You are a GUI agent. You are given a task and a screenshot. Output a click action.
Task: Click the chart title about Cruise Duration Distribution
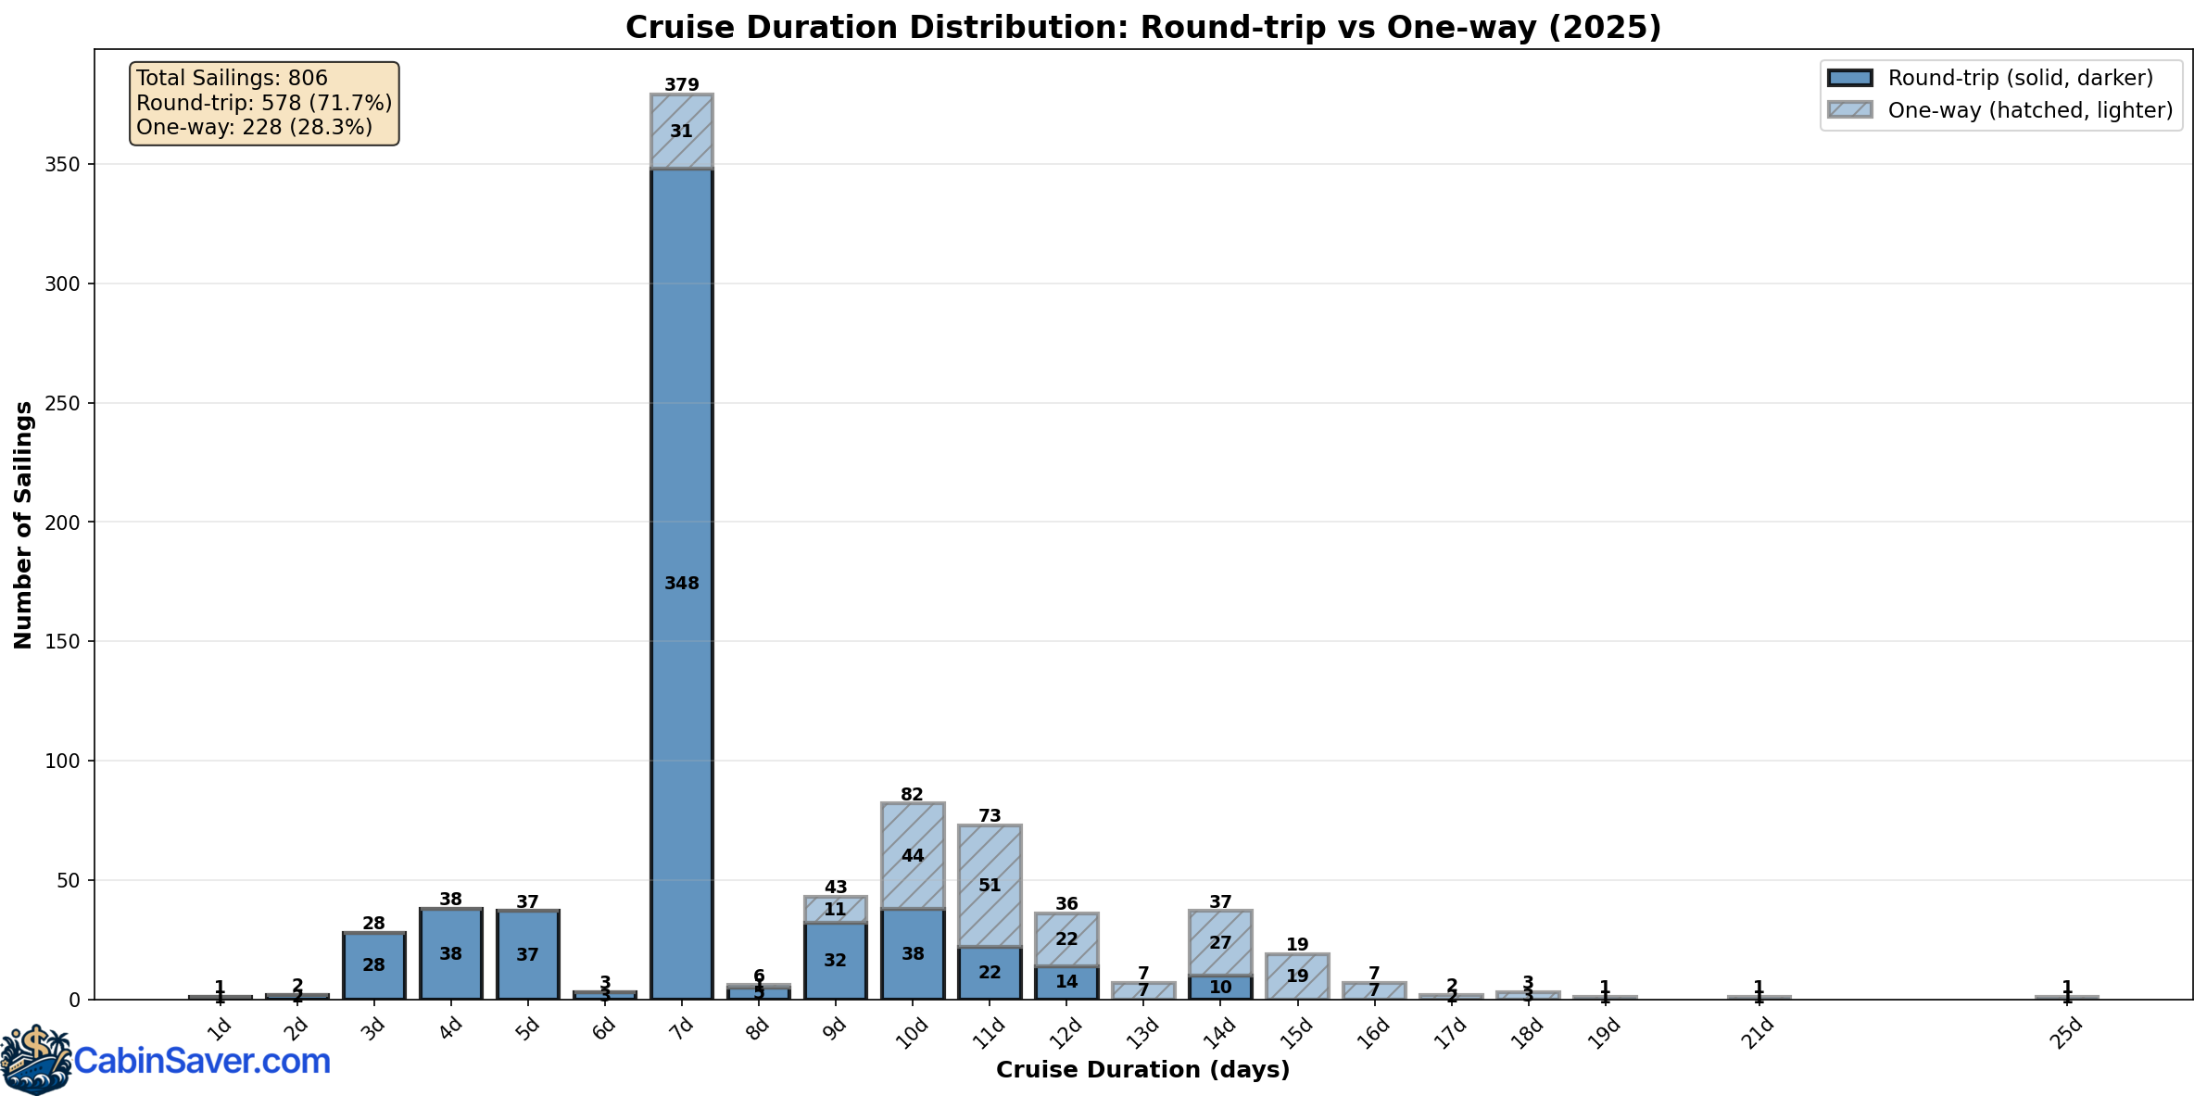coord(1142,28)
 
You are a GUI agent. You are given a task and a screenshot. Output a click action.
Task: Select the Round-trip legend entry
coord(2020,78)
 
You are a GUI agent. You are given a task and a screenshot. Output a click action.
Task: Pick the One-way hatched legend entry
coord(2029,110)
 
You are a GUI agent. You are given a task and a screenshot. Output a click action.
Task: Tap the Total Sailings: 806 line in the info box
coord(232,79)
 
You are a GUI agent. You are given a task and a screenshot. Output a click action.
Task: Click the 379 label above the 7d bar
coord(682,85)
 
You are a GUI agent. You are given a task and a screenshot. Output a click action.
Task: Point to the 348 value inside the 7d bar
coord(682,584)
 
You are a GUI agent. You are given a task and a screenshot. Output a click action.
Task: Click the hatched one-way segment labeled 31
coord(682,132)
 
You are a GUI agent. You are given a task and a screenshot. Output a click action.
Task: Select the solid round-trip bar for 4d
coord(450,954)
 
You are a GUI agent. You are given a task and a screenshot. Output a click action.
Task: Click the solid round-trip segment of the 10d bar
coord(913,954)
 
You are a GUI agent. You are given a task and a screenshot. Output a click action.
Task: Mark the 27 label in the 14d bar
coord(1220,943)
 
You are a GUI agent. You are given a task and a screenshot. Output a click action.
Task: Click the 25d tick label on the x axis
coord(2065,1033)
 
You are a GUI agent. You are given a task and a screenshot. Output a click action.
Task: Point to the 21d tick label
coord(1757,1033)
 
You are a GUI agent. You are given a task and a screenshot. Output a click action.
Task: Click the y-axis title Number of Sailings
coord(24,524)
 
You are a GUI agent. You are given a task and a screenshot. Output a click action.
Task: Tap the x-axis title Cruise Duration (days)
coord(1142,1070)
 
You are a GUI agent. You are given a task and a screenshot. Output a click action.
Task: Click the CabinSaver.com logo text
coord(202,1061)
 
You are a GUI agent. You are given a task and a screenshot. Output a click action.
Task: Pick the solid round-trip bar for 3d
coord(373,965)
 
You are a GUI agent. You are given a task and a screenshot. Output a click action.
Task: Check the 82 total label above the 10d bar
coord(913,795)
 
